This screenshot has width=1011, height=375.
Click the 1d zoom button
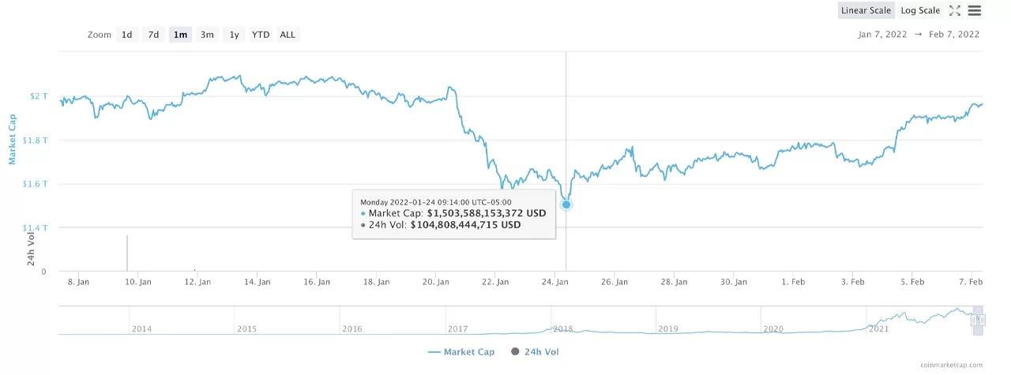pyautogui.click(x=126, y=35)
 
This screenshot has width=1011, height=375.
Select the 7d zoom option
pyautogui.click(x=153, y=35)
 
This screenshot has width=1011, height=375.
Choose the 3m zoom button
pyautogui.click(x=207, y=35)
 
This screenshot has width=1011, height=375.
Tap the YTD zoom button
pyautogui.click(x=261, y=35)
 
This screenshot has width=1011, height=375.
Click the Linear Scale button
pyautogui.click(x=866, y=10)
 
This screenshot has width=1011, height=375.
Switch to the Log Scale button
pyautogui.click(x=920, y=10)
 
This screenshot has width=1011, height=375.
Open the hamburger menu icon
pyautogui.click(x=974, y=10)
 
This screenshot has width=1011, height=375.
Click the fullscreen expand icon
pyautogui.click(x=954, y=10)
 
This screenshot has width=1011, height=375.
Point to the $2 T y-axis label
pyautogui.click(x=39, y=96)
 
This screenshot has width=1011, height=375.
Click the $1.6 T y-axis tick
pyautogui.click(x=36, y=184)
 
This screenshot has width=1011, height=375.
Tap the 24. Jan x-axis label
pyautogui.click(x=555, y=282)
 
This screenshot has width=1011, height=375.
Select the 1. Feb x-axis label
pyautogui.click(x=793, y=282)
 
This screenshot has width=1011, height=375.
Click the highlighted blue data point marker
pyautogui.click(x=566, y=204)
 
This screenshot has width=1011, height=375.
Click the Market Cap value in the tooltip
pyautogui.click(x=487, y=213)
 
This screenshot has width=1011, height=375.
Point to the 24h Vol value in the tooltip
pyautogui.click(x=465, y=225)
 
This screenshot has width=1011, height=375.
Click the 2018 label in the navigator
pyautogui.click(x=563, y=328)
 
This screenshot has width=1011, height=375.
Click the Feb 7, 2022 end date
pyautogui.click(x=953, y=35)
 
